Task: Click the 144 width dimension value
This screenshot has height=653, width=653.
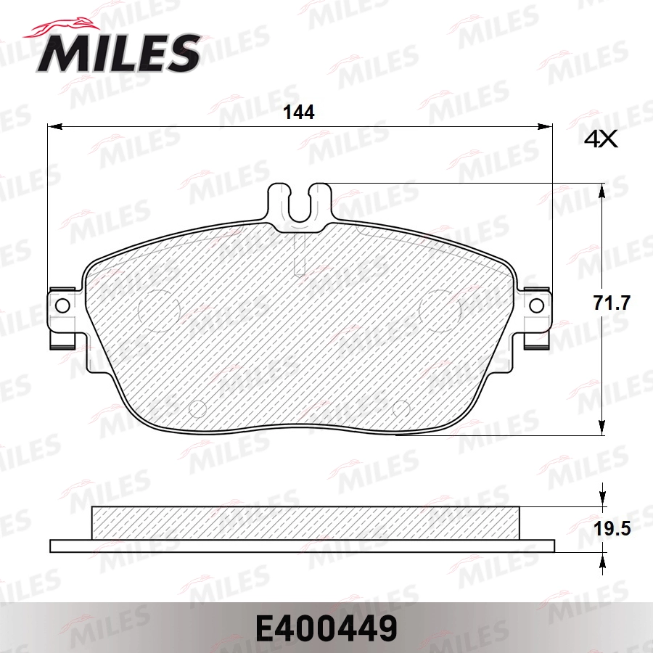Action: point(298,112)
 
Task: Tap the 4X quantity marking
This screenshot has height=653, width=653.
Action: point(600,139)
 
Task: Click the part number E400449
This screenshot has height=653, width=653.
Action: point(326,628)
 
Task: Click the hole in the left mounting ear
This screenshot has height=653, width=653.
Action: point(62,305)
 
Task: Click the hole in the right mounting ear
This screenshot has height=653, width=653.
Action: point(537,305)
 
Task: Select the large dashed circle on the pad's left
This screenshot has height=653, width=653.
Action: point(158,308)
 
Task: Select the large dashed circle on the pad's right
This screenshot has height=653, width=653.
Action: point(442,308)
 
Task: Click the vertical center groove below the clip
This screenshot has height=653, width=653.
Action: point(300,254)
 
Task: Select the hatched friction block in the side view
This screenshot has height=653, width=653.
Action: point(305,523)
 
